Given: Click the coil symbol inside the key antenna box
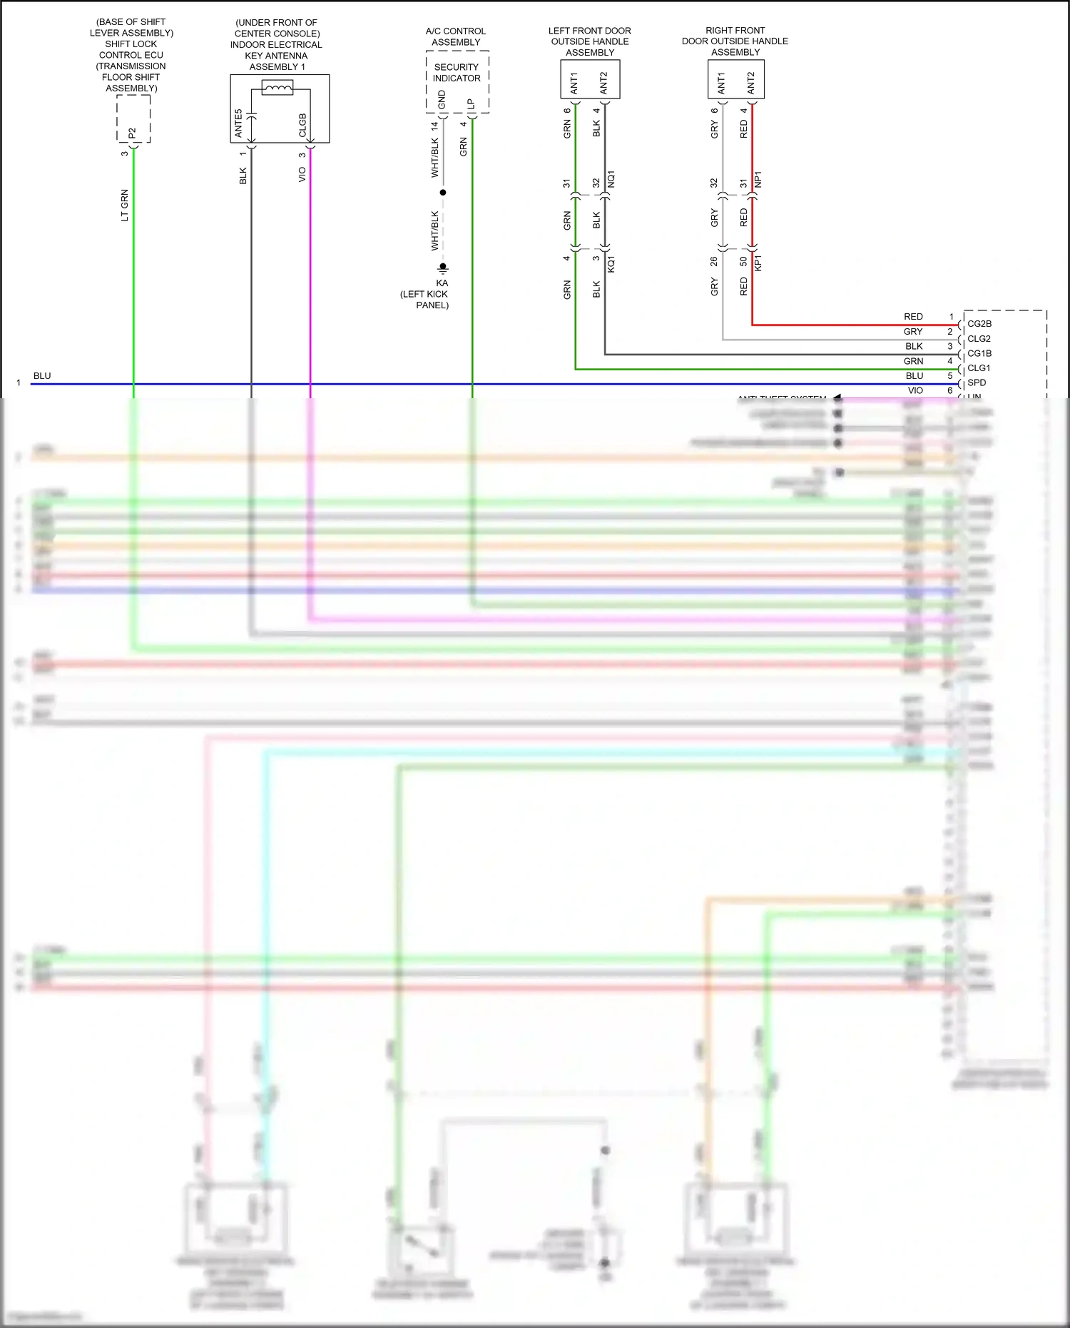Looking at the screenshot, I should pos(277,88).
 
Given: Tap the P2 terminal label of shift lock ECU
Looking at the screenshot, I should pos(132,133).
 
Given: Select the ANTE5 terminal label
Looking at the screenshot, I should pos(239,123).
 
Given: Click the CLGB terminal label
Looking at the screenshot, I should pos(302,126).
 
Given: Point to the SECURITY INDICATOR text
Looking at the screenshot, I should pos(457,73).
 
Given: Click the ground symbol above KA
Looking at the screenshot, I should pos(443,268).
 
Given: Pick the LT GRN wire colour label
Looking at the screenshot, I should pos(125,206).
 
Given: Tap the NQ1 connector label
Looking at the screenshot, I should pos(611,179).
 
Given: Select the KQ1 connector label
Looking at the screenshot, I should pos(611,264).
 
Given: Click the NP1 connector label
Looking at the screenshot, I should pos(758,179).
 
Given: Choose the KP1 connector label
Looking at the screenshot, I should pos(758,263).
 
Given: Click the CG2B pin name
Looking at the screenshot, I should pos(979,324).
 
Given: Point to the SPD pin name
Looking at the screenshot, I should pos(977,383).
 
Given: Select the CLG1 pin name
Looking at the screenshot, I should pos(979,368).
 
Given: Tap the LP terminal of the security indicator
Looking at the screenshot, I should pos(471,104).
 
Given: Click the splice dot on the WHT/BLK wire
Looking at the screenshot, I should pos(443,193).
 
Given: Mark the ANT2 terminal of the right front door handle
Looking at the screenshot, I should pos(751,83).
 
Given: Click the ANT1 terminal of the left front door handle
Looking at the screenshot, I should pos(575,83).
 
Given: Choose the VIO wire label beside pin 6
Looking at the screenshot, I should pos(915,391).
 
